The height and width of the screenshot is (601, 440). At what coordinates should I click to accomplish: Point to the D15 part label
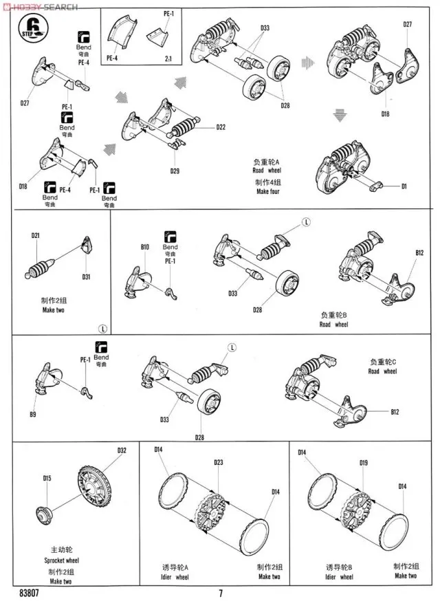click(47, 478)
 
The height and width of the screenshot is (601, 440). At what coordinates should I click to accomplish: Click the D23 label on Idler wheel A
click(219, 461)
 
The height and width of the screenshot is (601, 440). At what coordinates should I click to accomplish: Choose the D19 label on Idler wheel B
click(363, 463)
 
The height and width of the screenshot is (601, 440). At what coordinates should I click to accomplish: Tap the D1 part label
click(404, 186)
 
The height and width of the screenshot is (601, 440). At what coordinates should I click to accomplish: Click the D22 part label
click(221, 127)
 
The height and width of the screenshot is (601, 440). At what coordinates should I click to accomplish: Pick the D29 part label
click(176, 170)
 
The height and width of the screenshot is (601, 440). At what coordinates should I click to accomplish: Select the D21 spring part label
click(36, 236)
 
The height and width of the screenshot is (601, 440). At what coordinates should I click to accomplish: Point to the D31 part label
click(86, 277)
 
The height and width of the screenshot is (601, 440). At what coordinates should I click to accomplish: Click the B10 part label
click(144, 246)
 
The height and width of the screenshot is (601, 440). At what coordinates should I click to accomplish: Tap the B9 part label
click(32, 414)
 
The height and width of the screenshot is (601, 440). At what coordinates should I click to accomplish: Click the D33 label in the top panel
click(265, 28)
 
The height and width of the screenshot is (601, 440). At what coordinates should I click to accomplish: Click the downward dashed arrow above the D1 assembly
click(338, 114)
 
